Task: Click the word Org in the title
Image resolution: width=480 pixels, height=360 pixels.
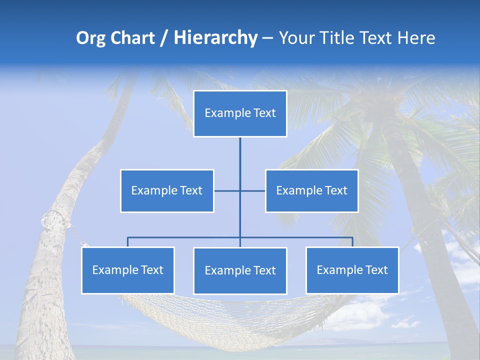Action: [91, 38]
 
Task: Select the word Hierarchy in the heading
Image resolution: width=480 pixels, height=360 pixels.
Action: [215, 38]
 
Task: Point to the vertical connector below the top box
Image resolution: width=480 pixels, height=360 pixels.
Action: [240, 160]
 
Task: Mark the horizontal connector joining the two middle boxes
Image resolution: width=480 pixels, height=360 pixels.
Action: [227, 190]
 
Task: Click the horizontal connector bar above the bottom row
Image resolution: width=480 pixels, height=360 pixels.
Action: [185, 237]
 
